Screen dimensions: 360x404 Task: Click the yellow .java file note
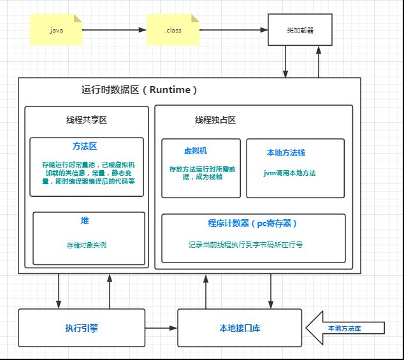pos(56,29)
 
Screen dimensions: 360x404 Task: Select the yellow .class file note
pos(173,29)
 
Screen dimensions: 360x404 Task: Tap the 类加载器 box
pos(299,29)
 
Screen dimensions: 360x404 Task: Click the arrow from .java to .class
pos(114,29)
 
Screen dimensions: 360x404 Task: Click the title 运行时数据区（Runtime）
pos(140,90)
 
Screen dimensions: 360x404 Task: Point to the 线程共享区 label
pos(87,120)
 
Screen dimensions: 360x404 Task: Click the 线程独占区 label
pos(215,120)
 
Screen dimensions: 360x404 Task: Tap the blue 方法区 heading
pos(85,147)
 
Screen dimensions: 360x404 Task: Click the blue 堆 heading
pos(85,220)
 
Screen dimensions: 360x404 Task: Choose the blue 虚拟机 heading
pos(196,151)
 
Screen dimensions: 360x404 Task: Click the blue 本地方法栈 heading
pos(286,153)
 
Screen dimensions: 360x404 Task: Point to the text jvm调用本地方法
pos(289,173)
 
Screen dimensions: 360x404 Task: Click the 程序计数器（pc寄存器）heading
pos(253,223)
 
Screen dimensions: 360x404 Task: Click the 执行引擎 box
pos(82,328)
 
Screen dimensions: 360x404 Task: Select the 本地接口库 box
pos(240,328)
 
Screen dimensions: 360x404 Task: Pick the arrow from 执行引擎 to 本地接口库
pos(161,328)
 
